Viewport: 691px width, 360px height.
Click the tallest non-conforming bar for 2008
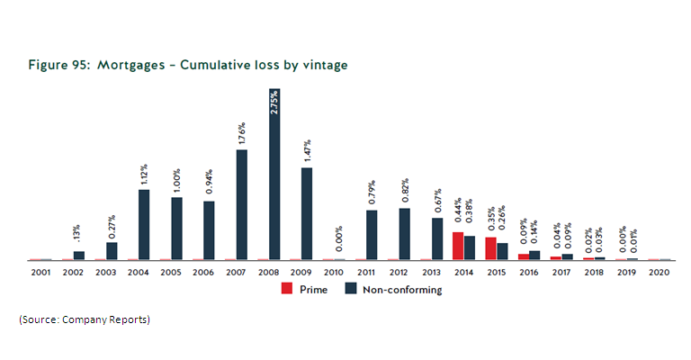coord(274,175)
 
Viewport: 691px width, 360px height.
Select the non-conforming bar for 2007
coord(242,205)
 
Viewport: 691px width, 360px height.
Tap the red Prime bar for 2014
coord(457,246)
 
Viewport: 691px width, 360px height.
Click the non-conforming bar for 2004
coord(144,225)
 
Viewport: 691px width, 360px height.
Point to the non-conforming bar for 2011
coord(372,235)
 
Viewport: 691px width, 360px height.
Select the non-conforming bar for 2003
coord(112,251)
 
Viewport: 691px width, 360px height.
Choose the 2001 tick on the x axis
coord(40,271)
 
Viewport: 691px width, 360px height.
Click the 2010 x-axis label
coord(333,271)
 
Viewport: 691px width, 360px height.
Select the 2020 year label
coord(659,271)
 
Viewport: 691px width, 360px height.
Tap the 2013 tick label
coord(431,271)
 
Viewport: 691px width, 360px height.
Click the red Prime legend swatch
coord(287,290)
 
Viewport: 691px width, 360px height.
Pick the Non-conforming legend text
coord(401,290)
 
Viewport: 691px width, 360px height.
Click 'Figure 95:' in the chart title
coord(65,66)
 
